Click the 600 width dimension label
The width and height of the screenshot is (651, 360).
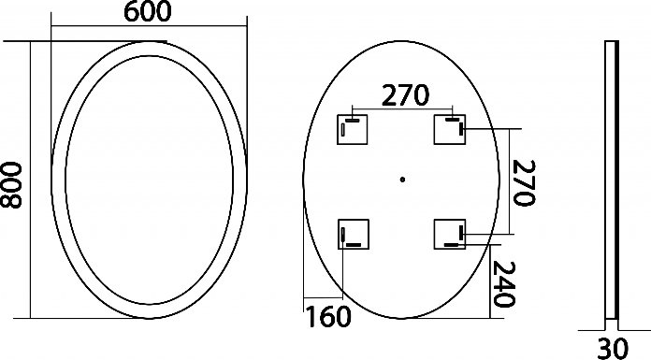coord(148,11)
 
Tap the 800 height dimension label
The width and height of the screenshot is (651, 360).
coord(11,185)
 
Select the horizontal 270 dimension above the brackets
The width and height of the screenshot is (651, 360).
coord(405,95)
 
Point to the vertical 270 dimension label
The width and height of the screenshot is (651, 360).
coord(524,182)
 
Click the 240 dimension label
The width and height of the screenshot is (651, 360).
coord(504,284)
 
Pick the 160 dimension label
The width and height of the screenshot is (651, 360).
coord(328,317)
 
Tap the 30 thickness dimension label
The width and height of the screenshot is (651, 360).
coord(613,349)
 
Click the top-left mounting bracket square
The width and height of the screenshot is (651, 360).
coord(352,130)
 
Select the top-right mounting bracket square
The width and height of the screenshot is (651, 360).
coord(450,130)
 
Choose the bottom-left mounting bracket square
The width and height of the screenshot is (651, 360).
coord(354,234)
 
